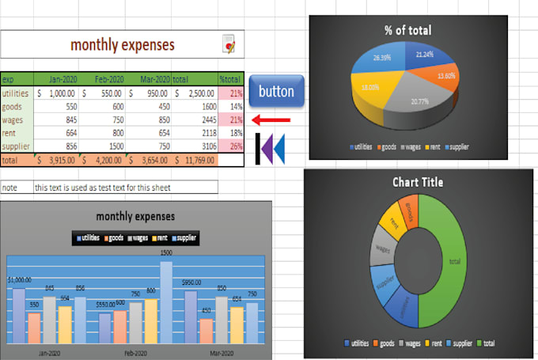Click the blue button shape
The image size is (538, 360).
(276, 92)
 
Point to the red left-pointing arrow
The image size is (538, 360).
(271, 119)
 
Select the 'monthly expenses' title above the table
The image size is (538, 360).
(123, 44)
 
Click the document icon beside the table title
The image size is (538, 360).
(229, 44)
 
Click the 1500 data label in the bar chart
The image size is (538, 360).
(166, 253)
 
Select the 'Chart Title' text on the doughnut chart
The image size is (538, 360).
(418, 183)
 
